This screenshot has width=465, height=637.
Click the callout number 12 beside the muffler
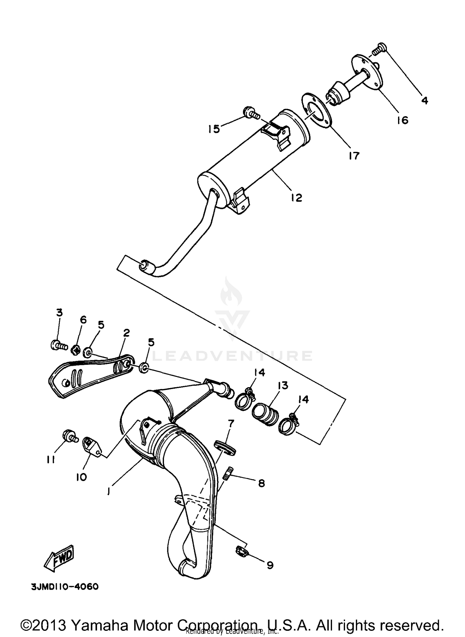296,197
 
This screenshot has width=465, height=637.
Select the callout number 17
353,156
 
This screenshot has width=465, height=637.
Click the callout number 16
402,120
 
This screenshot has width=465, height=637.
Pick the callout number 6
83,320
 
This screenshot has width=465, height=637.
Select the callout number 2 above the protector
126,333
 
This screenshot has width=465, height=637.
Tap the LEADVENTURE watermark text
232,356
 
